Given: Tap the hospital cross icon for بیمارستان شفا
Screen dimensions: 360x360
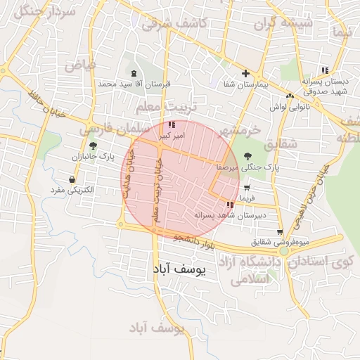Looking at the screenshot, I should click(x=245, y=73).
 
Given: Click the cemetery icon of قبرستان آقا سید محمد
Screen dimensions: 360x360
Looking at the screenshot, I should click(x=134, y=73).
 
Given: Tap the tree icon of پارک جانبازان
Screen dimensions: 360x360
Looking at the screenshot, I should click(x=93, y=146).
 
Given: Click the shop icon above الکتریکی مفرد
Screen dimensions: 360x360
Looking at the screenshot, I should click(x=72, y=180).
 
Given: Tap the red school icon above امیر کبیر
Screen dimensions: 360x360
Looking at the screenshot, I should click(x=172, y=125).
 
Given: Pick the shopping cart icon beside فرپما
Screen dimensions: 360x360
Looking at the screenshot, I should click(x=247, y=188).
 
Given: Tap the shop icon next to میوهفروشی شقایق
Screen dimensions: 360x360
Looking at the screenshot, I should click(x=280, y=232).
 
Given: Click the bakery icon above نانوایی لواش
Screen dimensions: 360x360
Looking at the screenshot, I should click(x=290, y=96).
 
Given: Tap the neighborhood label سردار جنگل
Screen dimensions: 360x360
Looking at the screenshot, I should click(x=30, y=11).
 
